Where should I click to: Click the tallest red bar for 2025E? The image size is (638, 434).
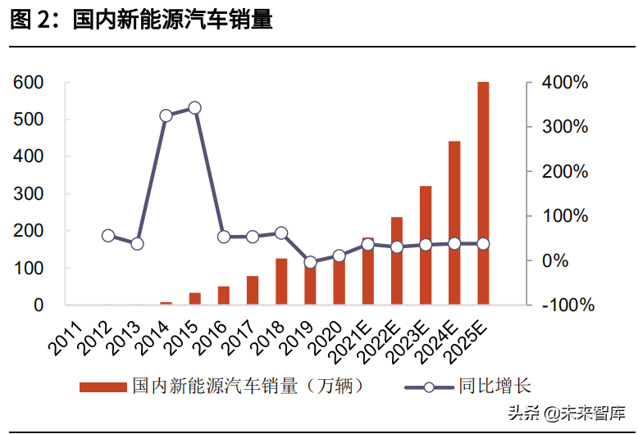pos(483,193)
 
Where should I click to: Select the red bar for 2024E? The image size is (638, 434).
pos(454,223)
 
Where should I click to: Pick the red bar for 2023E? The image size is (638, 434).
pos(426,246)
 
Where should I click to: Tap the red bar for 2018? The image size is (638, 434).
pos(281,282)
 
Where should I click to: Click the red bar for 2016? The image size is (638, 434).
pos(224,296)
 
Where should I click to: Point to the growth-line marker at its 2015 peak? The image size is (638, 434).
pos(194,108)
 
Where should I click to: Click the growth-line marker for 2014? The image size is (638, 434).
pos(166,115)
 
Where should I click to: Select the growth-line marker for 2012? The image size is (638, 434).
pos(108,236)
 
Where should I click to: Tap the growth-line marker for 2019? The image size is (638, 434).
pos(310,263)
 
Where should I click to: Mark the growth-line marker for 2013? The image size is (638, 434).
pos(137,244)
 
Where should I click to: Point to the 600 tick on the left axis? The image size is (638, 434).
pos(28,83)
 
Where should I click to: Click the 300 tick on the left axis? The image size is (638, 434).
pos(28,194)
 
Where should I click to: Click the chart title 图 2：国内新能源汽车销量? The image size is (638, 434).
pos(139,21)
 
